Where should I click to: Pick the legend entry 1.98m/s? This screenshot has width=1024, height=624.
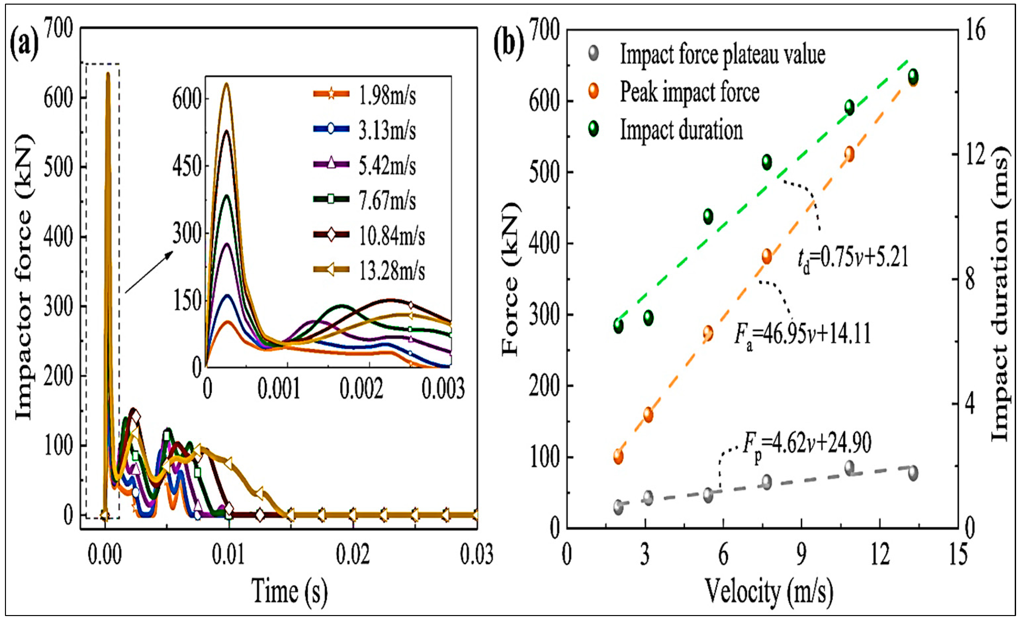click(387, 96)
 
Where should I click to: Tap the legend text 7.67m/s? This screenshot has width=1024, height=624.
click(387, 201)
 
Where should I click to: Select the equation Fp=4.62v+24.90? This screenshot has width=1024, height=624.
click(808, 444)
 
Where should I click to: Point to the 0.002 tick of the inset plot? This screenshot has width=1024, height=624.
click(361, 389)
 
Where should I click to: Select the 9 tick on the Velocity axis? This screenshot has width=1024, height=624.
click(802, 555)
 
